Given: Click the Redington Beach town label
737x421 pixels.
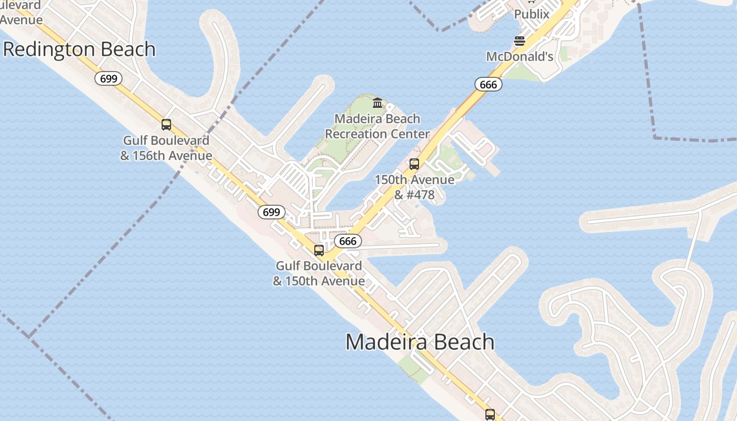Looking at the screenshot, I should coord(79,49).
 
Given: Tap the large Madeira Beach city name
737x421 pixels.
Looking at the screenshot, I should coord(420,342).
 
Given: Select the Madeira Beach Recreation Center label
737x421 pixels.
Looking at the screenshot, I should coord(377,126).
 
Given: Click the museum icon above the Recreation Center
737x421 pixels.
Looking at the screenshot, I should coord(377,103).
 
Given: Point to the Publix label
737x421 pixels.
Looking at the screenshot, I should coord(532,14).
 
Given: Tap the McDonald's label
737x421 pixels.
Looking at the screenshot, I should coord(520,56).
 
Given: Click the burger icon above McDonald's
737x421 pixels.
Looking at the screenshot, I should coord(520,41).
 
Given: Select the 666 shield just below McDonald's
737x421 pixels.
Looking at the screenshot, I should coord(488,84).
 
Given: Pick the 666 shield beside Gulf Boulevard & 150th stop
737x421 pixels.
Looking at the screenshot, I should coord(348,241).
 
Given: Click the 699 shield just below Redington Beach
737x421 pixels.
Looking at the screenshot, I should coord(108,79).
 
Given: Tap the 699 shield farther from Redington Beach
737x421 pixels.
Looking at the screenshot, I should coord(271,212).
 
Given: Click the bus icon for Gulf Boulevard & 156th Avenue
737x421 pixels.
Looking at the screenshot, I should coord(166,125).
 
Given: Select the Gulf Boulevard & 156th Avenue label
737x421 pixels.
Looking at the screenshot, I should coord(166,148).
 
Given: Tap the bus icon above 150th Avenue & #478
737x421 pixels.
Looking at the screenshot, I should coord(414,164).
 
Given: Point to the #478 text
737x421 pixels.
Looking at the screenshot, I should coord(421,195).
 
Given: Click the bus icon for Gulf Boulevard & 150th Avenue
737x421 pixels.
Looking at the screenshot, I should coord(319,250).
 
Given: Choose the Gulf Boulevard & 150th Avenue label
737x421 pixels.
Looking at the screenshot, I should coord(319,273).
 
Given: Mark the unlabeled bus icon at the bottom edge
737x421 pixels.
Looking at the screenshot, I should coord(490,414).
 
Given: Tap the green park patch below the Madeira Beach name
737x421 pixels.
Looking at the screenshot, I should coord(414,368).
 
